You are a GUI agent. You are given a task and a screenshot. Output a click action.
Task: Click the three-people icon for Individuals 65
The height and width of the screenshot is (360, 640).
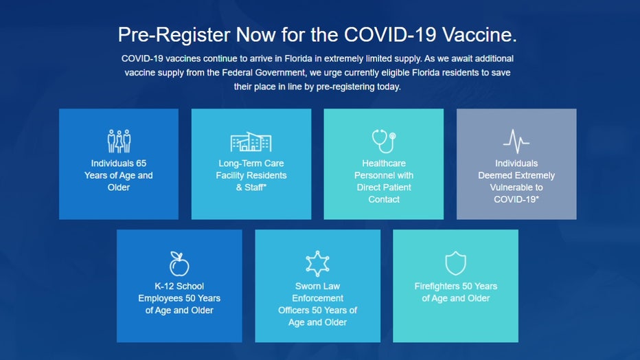pyautogui.click(x=119, y=142)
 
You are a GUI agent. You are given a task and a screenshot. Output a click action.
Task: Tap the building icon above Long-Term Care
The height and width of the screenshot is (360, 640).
pyautogui.click(x=251, y=142)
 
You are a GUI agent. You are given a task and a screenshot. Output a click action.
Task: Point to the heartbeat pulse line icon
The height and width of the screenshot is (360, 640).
pyautogui.click(x=516, y=142)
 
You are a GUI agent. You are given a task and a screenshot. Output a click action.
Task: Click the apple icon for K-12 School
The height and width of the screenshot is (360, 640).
pyautogui.click(x=179, y=264)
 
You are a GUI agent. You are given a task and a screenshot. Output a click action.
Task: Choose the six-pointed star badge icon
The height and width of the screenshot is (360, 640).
pyautogui.click(x=317, y=264)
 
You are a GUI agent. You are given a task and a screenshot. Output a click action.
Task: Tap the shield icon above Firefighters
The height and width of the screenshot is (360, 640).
pyautogui.click(x=455, y=263)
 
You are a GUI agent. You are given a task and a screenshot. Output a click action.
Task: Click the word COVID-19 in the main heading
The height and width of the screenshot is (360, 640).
pyautogui.click(x=390, y=34)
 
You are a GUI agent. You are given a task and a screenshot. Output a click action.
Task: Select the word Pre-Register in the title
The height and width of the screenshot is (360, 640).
pyautogui.click(x=174, y=34)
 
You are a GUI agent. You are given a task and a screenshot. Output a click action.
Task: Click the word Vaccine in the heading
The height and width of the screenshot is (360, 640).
pyautogui.click(x=479, y=34)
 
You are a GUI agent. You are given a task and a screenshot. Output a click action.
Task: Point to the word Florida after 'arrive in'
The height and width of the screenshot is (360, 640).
pyautogui.click(x=299, y=58)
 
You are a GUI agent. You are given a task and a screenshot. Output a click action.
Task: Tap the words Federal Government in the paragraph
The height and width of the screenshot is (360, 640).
pyautogui.click(x=264, y=73)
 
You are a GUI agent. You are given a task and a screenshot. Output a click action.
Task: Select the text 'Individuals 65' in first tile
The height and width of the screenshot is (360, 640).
pyautogui.click(x=118, y=164)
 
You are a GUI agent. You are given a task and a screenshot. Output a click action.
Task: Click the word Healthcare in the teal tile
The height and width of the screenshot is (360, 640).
pyautogui.click(x=384, y=164)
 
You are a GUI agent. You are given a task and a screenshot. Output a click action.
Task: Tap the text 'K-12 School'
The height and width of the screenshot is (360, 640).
pyautogui.click(x=179, y=286)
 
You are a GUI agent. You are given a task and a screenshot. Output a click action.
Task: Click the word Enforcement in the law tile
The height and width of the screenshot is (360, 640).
pyautogui.click(x=317, y=298)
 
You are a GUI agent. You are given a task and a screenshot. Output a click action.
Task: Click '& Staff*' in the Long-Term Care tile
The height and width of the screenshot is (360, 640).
pyautogui.click(x=251, y=188)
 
